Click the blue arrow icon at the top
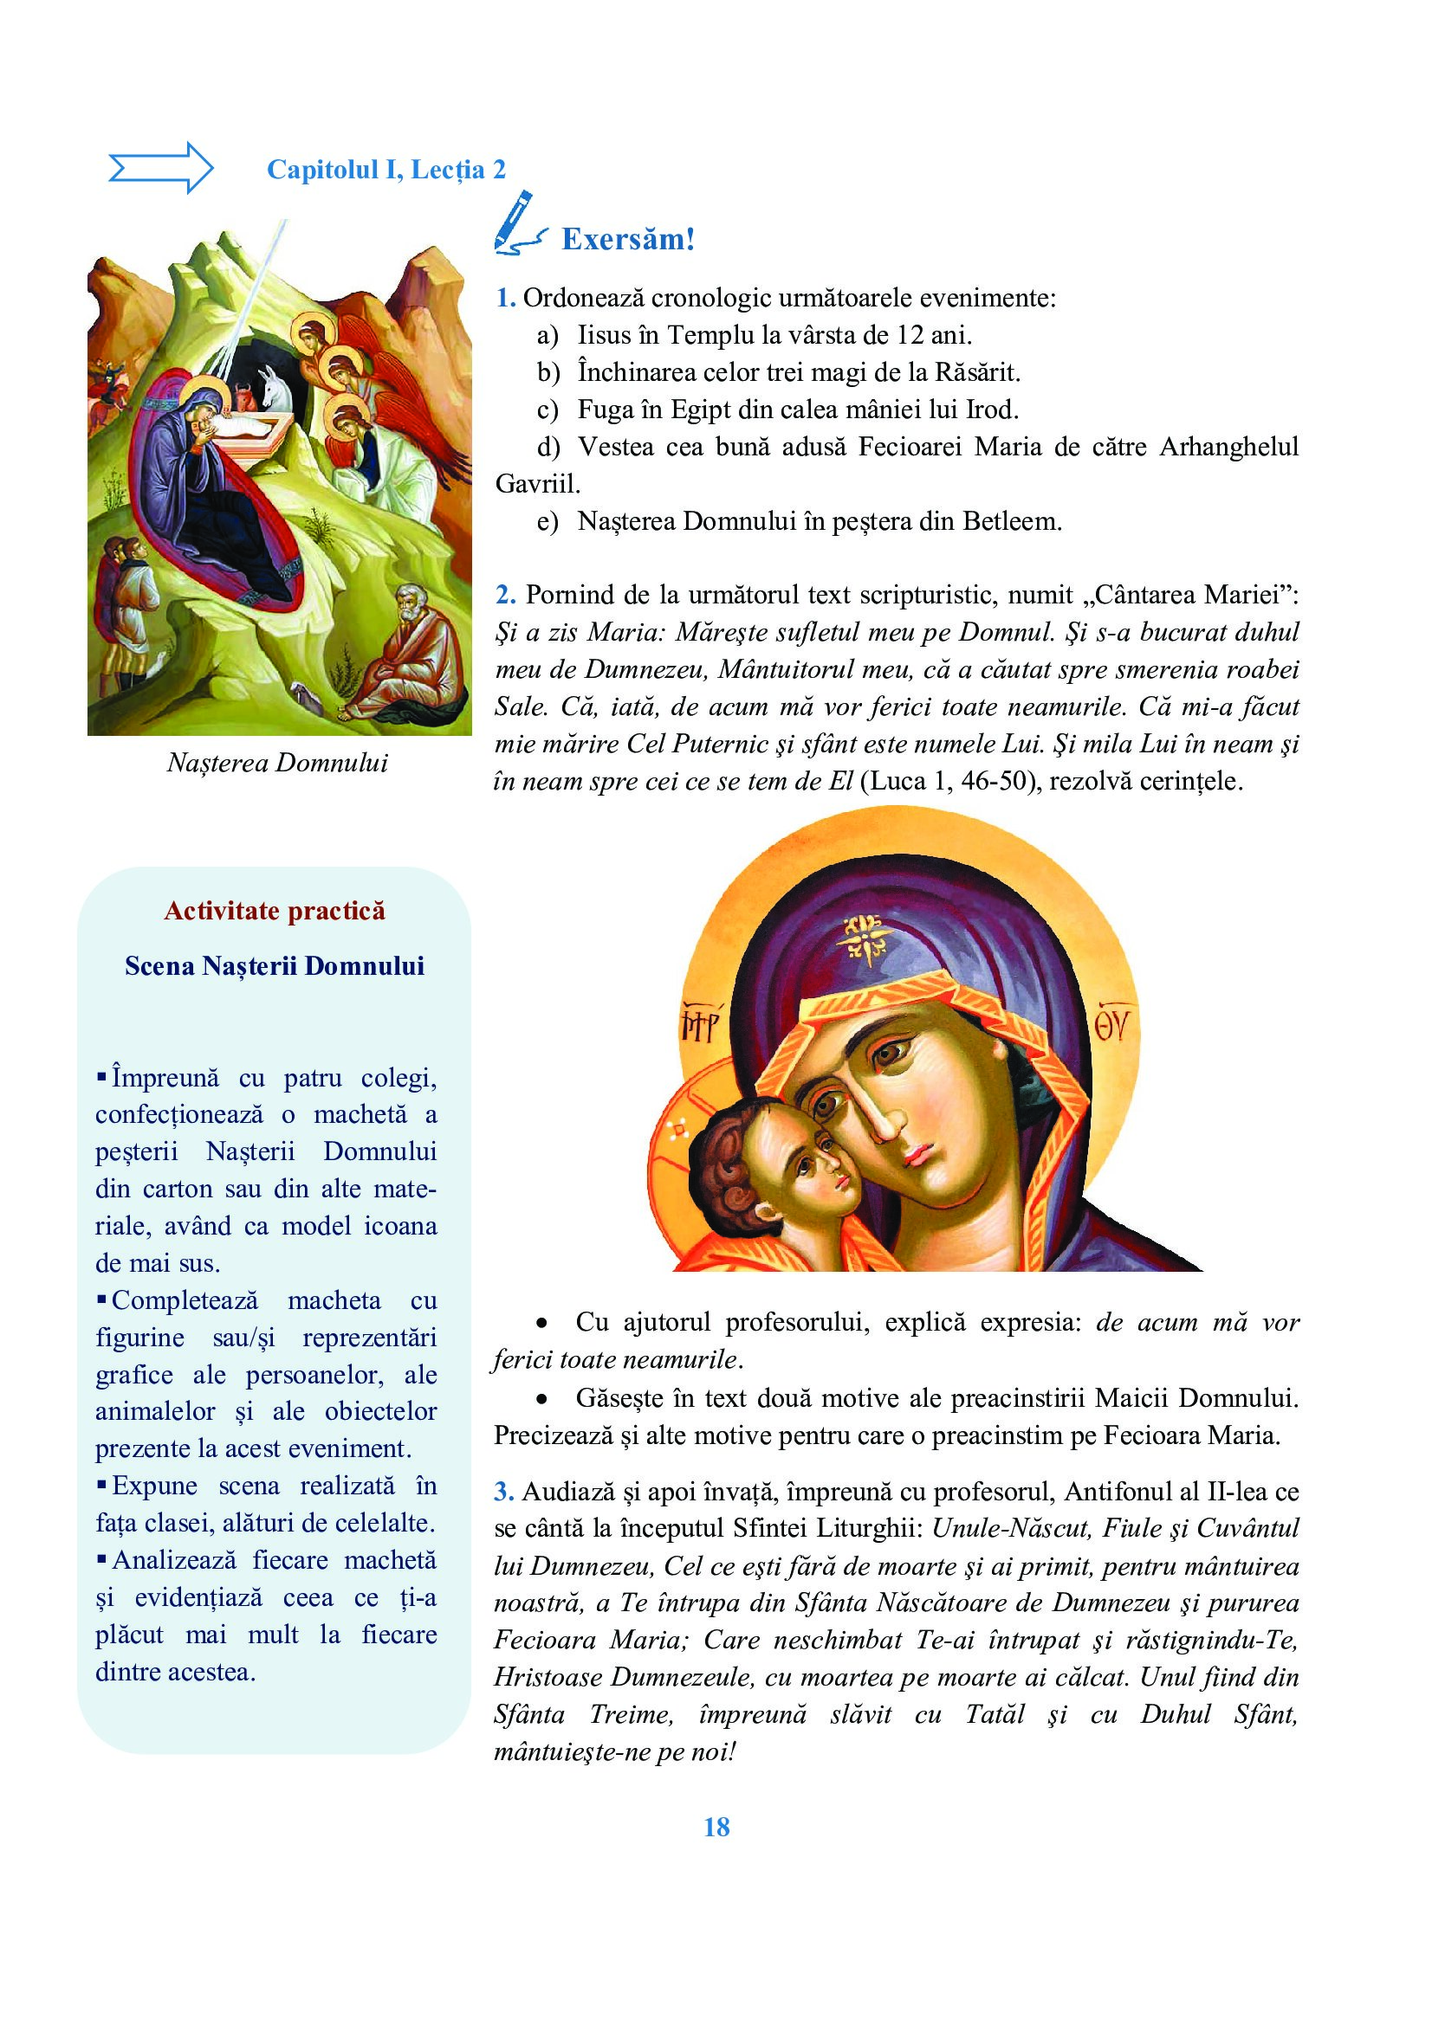tap(160, 167)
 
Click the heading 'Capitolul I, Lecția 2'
tap(386, 170)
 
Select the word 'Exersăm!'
tap(627, 239)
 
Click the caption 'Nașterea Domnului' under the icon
tap(277, 763)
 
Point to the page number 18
tap(716, 1827)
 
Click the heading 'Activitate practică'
tap(275, 911)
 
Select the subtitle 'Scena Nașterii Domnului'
tap(275, 967)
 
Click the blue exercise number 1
tap(505, 298)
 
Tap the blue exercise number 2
tap(505, 596)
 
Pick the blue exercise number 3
tap(504, 1492)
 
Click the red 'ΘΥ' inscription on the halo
tap(1115, 1027)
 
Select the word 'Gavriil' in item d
tap(535, 484)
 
